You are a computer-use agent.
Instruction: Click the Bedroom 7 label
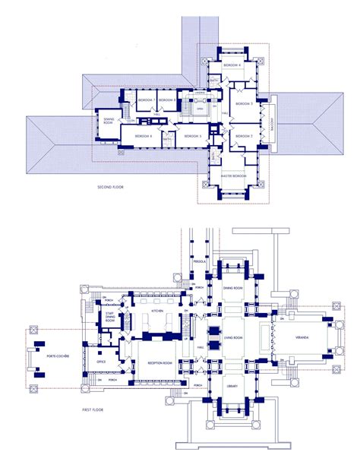pyautogui.click(x=145, y=100)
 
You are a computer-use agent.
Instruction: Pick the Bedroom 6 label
pyautogui.click(x=144, y=136)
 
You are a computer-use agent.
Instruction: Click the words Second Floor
pyautogui.click(x=112, y=186)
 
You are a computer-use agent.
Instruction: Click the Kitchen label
pyautogui.click(x=157, y=311)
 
